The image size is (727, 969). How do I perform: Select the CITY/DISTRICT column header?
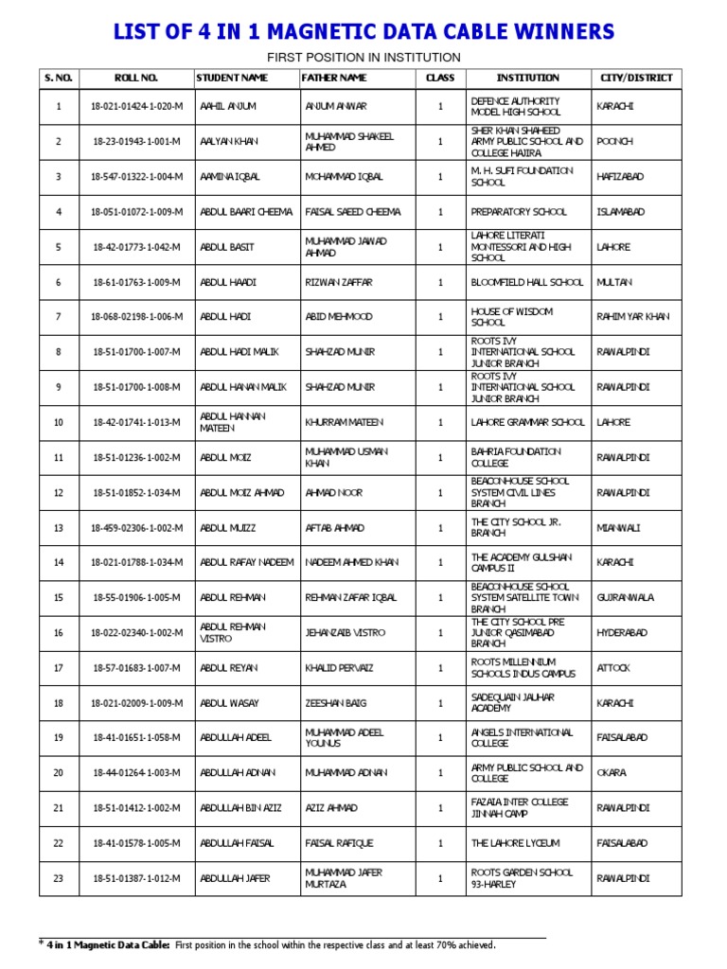click(637, 78)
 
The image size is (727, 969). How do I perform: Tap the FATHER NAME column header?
click(334, 78)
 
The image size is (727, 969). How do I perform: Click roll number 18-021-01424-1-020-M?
click(137, 107)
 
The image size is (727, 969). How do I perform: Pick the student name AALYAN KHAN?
click(230, 142)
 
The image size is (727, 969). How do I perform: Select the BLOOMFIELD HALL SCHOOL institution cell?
click(527, 282)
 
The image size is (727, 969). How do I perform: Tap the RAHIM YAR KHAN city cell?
click(633, 317)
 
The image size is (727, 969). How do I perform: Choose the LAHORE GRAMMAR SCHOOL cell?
click(528, 422)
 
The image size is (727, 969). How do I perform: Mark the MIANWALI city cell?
click(619, 528)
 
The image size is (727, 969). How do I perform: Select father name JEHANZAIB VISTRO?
click(346, 633)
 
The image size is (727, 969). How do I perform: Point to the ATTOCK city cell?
click(613, 668)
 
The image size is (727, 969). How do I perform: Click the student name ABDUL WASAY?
click(229, 703)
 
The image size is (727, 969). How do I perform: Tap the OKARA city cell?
click(612, 773)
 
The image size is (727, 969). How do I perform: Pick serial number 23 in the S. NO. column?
click(58, 878)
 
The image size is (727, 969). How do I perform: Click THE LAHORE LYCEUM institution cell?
click(515, 843)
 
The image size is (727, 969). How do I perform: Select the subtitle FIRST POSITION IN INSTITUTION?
click(363, 57)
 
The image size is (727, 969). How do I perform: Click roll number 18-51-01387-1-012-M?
click(137, 878)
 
